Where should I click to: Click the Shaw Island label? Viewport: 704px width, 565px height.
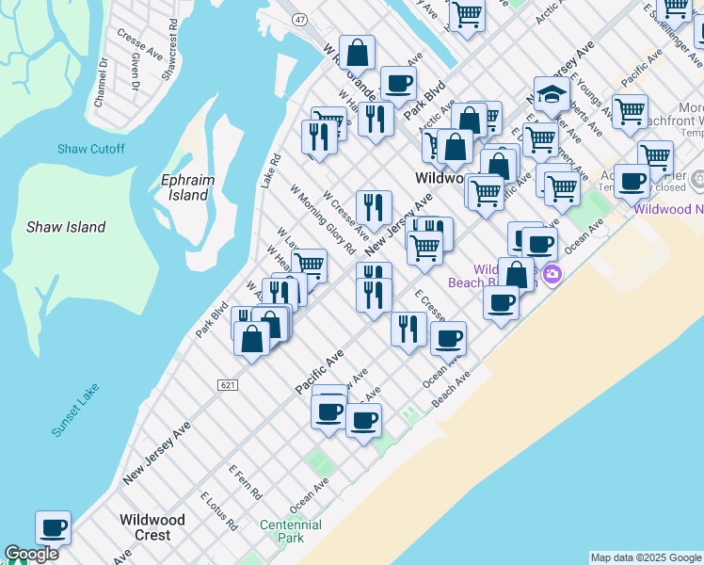point(66,227)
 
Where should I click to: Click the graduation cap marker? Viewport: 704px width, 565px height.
point(551,93)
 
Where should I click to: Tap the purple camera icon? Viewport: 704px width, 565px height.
point(552,275)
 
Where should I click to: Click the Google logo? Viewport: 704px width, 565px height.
point(32,555)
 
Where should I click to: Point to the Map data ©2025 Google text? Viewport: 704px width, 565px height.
point(645,557)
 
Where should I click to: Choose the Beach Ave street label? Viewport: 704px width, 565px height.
point(450,389)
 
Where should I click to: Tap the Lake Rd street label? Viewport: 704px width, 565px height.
point(271,170)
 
